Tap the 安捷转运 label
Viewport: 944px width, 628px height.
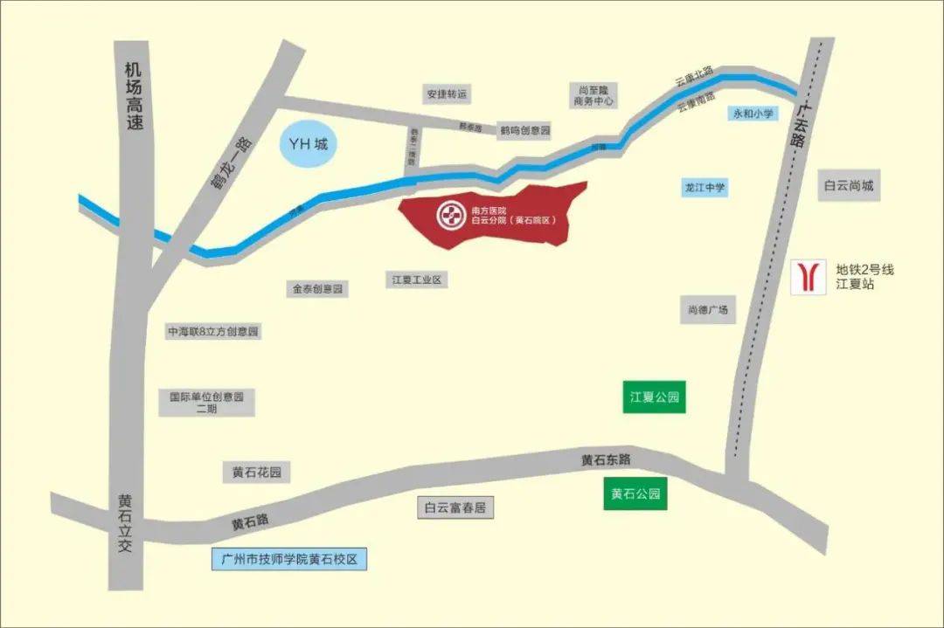[447, 93]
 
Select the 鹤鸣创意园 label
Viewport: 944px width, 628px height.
[524, 130]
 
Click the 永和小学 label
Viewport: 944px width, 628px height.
[753, 114]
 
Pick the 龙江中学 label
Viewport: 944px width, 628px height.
[705, 187]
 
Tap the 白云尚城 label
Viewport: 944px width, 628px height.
[849, 186]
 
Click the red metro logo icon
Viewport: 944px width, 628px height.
[808, 277]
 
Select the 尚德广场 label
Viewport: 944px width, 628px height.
[707, 309]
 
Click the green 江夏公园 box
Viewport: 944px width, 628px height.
[655, 397]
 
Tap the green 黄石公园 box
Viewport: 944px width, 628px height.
[635, 494]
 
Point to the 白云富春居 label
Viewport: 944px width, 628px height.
[455, 507]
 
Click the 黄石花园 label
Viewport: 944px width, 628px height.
[256, 473]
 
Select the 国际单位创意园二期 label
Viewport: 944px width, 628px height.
[206, 402]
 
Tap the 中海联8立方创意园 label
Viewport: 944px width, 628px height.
[214, 332]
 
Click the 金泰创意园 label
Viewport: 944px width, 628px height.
[316, 288]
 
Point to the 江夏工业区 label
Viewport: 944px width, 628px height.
[416, 279]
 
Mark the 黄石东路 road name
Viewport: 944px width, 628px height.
[606, 459]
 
